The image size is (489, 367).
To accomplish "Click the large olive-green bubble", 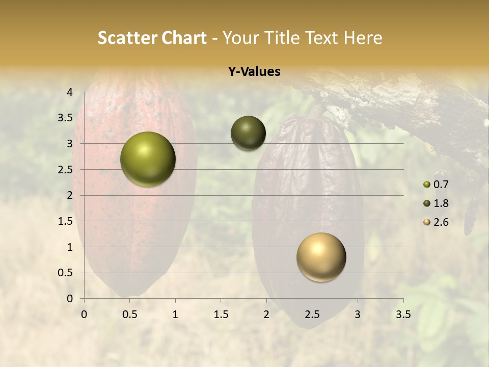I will click(x=148, y=159).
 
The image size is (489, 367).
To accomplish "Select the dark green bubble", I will click(x=248, y=133).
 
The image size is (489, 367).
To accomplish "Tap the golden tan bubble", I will click(x=321, y=257).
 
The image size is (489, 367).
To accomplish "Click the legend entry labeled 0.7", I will click(x=436, y=185).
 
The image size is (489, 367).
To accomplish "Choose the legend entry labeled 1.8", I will click(x=436, y=203).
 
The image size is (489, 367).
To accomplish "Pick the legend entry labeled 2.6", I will click(x=436, y=222).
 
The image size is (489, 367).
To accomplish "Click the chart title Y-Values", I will click(x=254, y=72).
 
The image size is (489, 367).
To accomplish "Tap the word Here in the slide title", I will click(x=362, y=38).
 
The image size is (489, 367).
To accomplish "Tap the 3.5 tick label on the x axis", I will click(x=403, y=314).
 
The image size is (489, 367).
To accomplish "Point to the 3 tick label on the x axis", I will click(x=358, y=314).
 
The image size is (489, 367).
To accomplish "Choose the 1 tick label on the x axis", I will click(x=175, y=314).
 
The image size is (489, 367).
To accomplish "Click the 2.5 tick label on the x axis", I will click(x=312, y=314).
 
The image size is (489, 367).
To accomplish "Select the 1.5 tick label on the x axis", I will click(x=221, y=314).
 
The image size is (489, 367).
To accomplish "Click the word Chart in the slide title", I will click(x=184, y=38).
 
